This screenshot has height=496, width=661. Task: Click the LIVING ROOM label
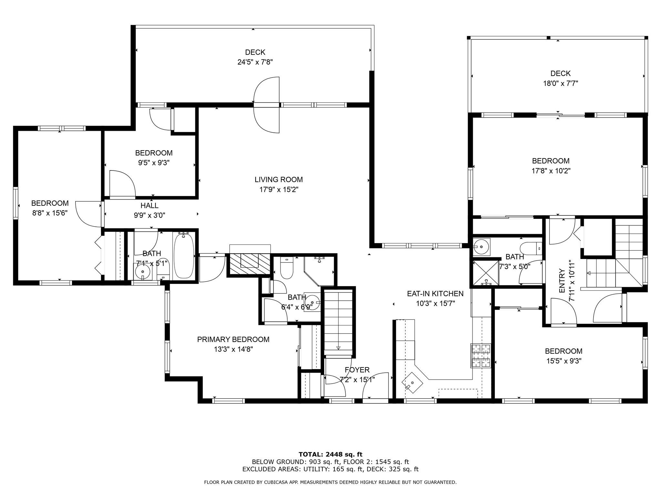click(279, 180)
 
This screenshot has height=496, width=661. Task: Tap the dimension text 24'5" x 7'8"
click(255, 62)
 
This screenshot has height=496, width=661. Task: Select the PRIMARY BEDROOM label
click(233, 339)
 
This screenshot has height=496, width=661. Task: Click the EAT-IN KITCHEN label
click(435, 294)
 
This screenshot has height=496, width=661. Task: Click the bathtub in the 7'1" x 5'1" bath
click(184, 255)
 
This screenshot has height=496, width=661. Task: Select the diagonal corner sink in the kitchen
click(412, 383)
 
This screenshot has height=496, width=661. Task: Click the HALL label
click(149, 205)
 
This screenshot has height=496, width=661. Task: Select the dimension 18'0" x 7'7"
click(560, 83)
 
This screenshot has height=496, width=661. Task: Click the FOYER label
click(357, 370)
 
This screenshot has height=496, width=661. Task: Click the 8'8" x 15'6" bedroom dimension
click(50, 213)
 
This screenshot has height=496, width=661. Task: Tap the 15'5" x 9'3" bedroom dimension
click(564, 361)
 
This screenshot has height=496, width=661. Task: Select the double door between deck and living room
click(267, 105)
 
